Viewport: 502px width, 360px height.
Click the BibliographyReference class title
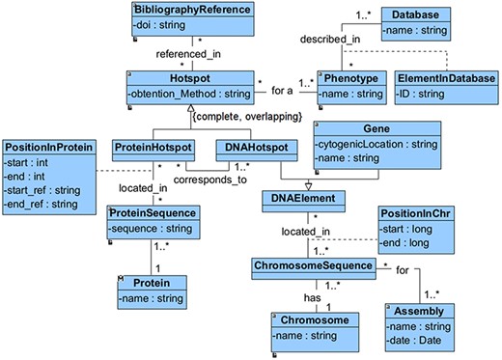coord(194,10)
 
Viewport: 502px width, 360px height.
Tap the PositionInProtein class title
coord(49,146)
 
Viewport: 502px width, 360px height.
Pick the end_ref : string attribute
coord(44,203)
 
